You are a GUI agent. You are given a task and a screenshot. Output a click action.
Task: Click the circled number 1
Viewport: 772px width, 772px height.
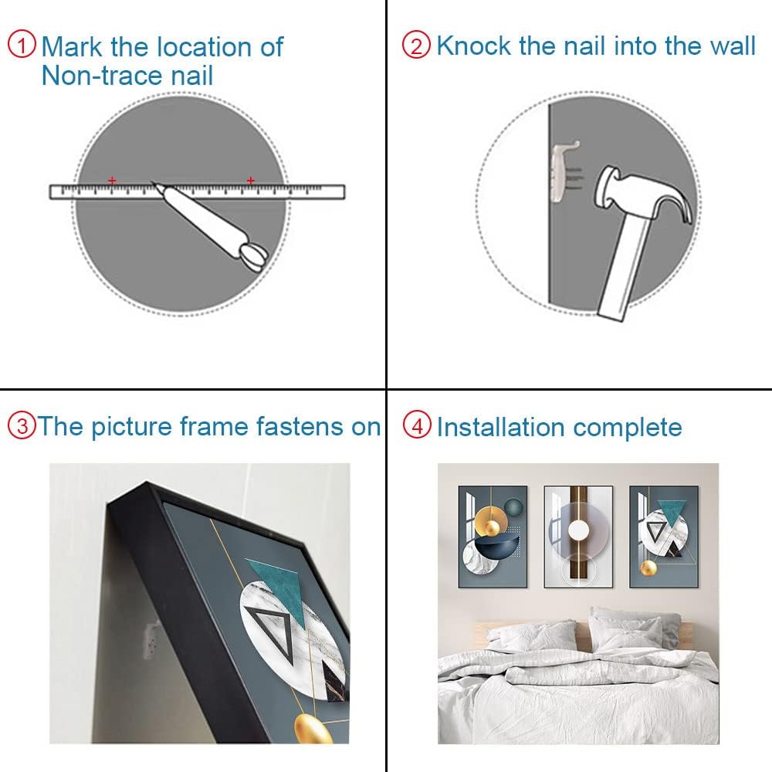pyautogui.click(x=22, y=44)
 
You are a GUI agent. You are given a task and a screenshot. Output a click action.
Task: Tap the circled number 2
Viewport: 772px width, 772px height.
pyautogui.click(x=417, y=46)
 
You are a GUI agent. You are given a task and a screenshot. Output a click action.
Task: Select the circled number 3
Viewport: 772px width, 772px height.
pyautogui.click(x=22, y=425)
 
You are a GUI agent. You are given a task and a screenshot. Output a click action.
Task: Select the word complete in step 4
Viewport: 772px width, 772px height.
pyautogui.click(x=628, y=428)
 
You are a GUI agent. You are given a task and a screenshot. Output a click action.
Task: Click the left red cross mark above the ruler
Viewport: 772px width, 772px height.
pyautogui.click(x=112, y=181)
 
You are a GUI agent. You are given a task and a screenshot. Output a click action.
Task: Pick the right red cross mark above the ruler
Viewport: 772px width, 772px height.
pyautogui.click(x=251, y=181)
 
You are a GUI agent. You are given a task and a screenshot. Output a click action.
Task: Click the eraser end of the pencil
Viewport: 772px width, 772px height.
pyautogui.click(x=254, y=258)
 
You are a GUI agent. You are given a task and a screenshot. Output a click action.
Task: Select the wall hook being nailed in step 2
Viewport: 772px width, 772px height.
pyautogui.click(x=566, y=171)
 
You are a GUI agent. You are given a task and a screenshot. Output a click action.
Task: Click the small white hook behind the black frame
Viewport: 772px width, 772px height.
pyautogui.click(x=152, y=639)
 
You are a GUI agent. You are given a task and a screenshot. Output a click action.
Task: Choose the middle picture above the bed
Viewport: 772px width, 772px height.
pyautogui.click(x=578, y=537)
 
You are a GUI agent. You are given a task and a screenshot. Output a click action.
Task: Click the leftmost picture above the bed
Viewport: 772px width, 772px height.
pyautogui.click(x=493, y=537)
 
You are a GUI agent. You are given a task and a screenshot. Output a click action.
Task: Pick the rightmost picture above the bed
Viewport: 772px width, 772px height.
pyautogui.click(x=664, y=537)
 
